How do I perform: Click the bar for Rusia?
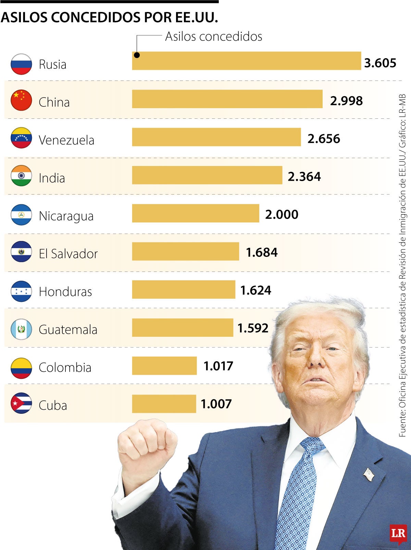(x=247, y=61)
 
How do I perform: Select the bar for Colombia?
(x=164, y=366)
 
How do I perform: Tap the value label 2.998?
(x=346, y=101)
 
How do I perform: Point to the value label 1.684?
(x=262, y=252)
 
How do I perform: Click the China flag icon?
(x=21, y=100)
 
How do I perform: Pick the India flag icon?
(x=21, y=176)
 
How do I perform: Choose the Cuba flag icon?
(x=21, y=403)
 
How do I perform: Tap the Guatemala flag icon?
(x=21, y=329)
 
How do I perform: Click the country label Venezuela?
(x=66, y=140)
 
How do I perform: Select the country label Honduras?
(x=65, y=292)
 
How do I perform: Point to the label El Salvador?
(x=68, y=254)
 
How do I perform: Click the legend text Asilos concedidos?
(x=214, y=36)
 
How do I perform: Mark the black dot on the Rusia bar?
(x=137, y=55)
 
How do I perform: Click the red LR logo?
(x=398, y=533)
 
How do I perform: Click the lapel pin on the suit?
(x=369, y=474)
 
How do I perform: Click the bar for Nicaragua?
(x=196, y=213)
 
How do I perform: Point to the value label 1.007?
(x=216, y=404)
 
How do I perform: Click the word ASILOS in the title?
(x=24, y=17)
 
